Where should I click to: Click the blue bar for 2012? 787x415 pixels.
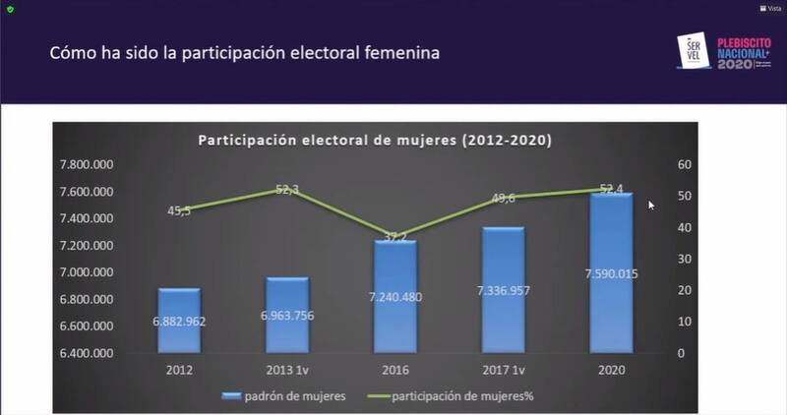[x=179, y=321]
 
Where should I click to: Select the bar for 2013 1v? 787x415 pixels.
[x=286, y=315]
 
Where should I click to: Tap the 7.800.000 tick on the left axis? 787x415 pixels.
[x=87, y=164]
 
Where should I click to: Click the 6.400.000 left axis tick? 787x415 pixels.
[x=87, y=353]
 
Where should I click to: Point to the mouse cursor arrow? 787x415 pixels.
[x=650, y=205]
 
